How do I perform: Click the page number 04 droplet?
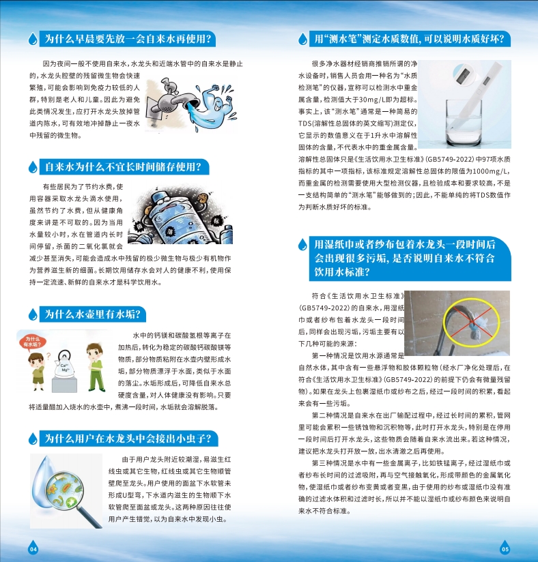(x=33, y=547)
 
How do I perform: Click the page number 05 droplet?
(x=505, y=547)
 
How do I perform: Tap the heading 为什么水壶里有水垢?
(x=92, y=314)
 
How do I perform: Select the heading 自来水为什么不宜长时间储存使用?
(x=124, y=166)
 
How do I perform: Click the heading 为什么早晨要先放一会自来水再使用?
(x=128, y=39)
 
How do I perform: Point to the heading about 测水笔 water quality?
(x=410, y=39)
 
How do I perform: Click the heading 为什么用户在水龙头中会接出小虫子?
(x=128, y=439)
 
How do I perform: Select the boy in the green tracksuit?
(x=96, y=367)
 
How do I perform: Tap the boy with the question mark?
(x=37, y=371)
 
